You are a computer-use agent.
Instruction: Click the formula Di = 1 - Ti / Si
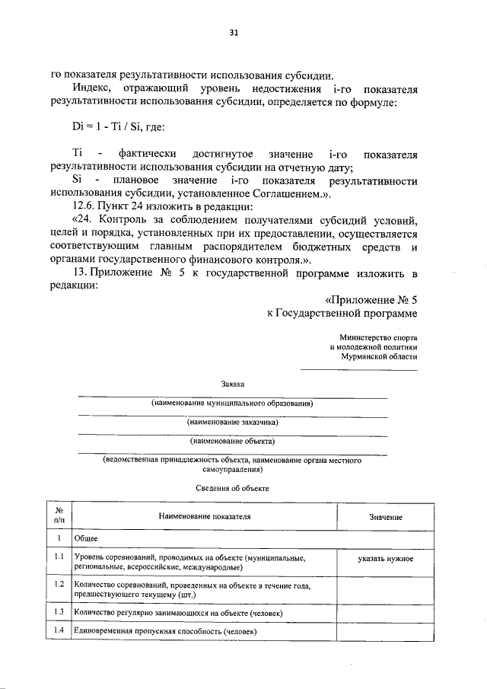[113, 126]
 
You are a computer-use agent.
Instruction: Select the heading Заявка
[233, 387]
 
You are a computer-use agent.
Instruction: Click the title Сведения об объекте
[232, 488]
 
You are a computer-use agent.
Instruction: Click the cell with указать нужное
[386, 559]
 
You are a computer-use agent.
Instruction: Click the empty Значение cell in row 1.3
[386, 612]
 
